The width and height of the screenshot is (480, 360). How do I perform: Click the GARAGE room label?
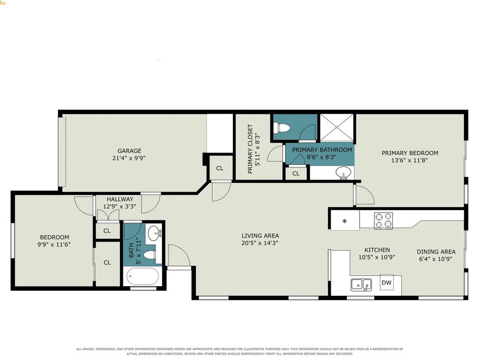click(x=130, y=151)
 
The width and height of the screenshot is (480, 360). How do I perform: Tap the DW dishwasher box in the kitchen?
click(x=386, y=282)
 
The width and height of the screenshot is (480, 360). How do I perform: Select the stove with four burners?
click(x=384, y=220)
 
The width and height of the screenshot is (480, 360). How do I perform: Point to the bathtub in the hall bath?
click(x=143, y=276)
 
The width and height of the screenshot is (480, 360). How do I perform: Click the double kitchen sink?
click(x=361, y=285)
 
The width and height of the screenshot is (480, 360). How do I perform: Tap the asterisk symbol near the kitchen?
click(x=345, y=221)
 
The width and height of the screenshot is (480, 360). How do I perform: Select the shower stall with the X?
click(x=336, y=127)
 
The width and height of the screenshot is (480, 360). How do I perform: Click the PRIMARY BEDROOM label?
click(x=410, y=153)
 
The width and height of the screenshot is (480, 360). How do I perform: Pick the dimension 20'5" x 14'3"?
click(x=260, y=243)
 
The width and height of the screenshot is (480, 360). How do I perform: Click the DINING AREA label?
click(x=436, y=252)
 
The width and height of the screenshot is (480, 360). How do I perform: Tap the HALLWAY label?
click(x=120, y=199)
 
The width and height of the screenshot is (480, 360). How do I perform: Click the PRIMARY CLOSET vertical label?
click(x=251, y=149)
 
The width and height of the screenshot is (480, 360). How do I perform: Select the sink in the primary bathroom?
click(x=344, y=173)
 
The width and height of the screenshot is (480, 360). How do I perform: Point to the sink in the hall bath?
click(x=154, y=234)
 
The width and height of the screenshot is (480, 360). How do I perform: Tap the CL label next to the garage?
click(x=220, y=168)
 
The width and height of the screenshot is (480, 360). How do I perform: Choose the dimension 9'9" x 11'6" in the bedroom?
click(x=54, y=245)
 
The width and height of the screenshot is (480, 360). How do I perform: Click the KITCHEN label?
click(x=377, y=250)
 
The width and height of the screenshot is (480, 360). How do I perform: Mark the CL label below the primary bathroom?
click(x=296, y=174)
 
